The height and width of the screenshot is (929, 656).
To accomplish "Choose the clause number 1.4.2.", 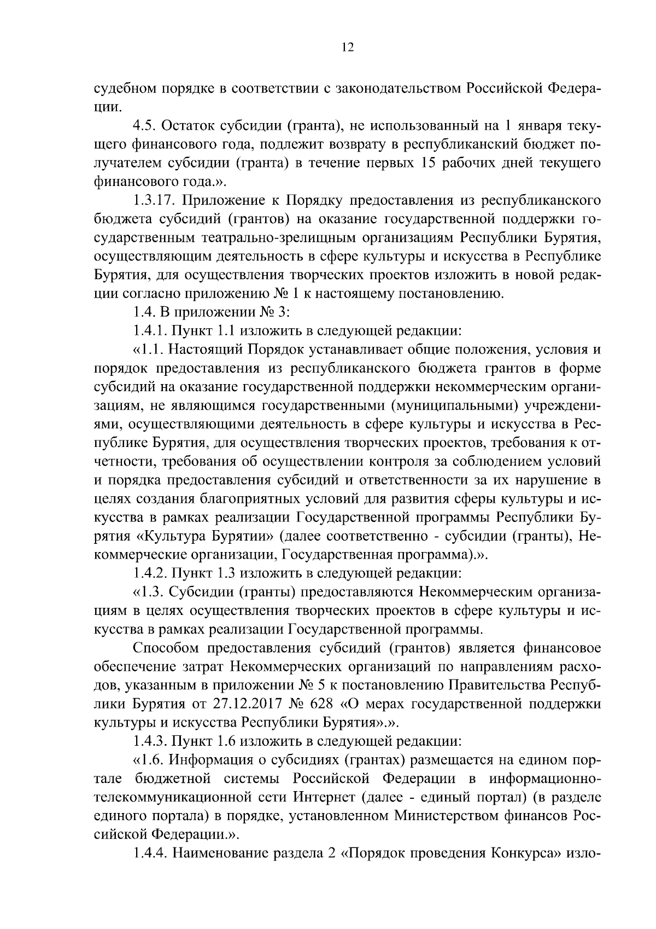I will coord(150,573).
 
